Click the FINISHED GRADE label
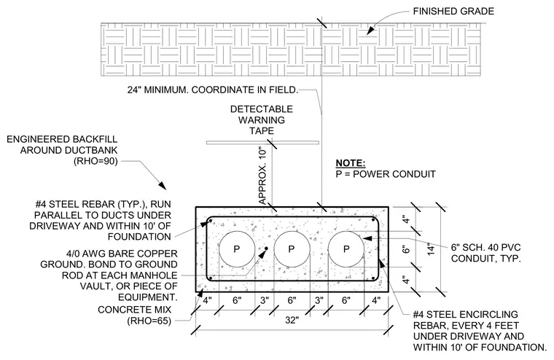pos(453,12)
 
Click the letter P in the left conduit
pos(237,249)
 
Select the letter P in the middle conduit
pos(292,249)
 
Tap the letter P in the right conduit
pos(346,249)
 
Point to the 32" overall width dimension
pos(292,320)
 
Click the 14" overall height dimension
pos(430,249)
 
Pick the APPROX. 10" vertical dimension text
pos(262,176)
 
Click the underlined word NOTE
pos(350,163)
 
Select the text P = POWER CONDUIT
pos(386,174)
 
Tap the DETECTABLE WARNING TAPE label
pos(262,120)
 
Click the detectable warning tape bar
pos(262,143)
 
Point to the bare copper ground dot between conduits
pos(266,249)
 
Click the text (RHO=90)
pos(95,161)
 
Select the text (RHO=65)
pos(149,321)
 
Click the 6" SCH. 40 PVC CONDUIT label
pos(485,253)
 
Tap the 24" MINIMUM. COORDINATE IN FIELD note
pos(213,90)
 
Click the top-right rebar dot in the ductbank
pos(373,220)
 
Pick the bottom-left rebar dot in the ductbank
pos(211,278)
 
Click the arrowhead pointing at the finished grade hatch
pos(370,31)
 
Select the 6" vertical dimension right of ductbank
pos(406,249)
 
